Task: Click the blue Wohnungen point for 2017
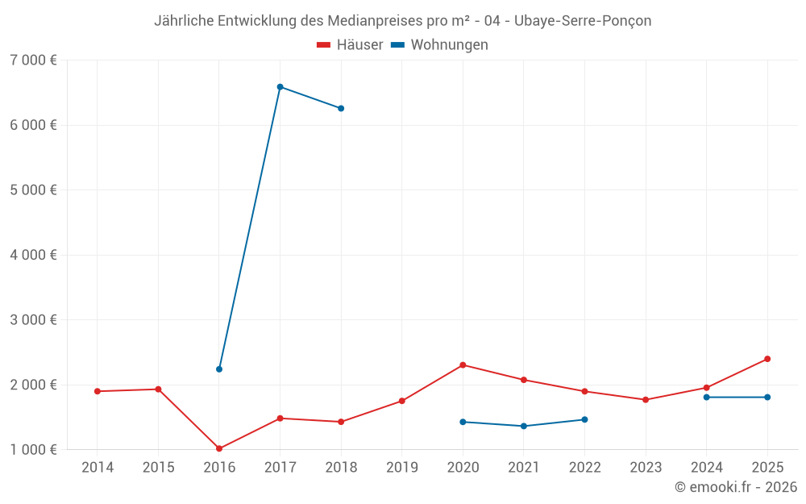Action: point(280,87)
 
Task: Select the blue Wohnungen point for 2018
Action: point(341,108)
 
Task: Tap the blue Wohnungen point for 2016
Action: point(219,369)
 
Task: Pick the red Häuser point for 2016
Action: point(219,448)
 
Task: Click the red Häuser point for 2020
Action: point(463,365)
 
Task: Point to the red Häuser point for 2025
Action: point(767,359)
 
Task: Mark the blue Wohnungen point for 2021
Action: point(524,426)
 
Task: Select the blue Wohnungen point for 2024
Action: point(707,397)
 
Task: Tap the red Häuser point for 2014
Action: point(98,391)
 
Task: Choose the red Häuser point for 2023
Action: point(646,400)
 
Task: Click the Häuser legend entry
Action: point(350,45)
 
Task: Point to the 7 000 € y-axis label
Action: point(34,60)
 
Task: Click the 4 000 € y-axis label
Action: point(34,255)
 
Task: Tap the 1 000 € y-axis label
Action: point(34,449)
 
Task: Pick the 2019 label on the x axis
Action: point(402,468)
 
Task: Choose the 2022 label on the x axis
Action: point(584,468)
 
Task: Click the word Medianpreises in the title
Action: point(375,21)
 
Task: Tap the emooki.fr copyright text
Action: point(736,487)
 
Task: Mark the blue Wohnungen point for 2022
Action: point(584,419)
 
